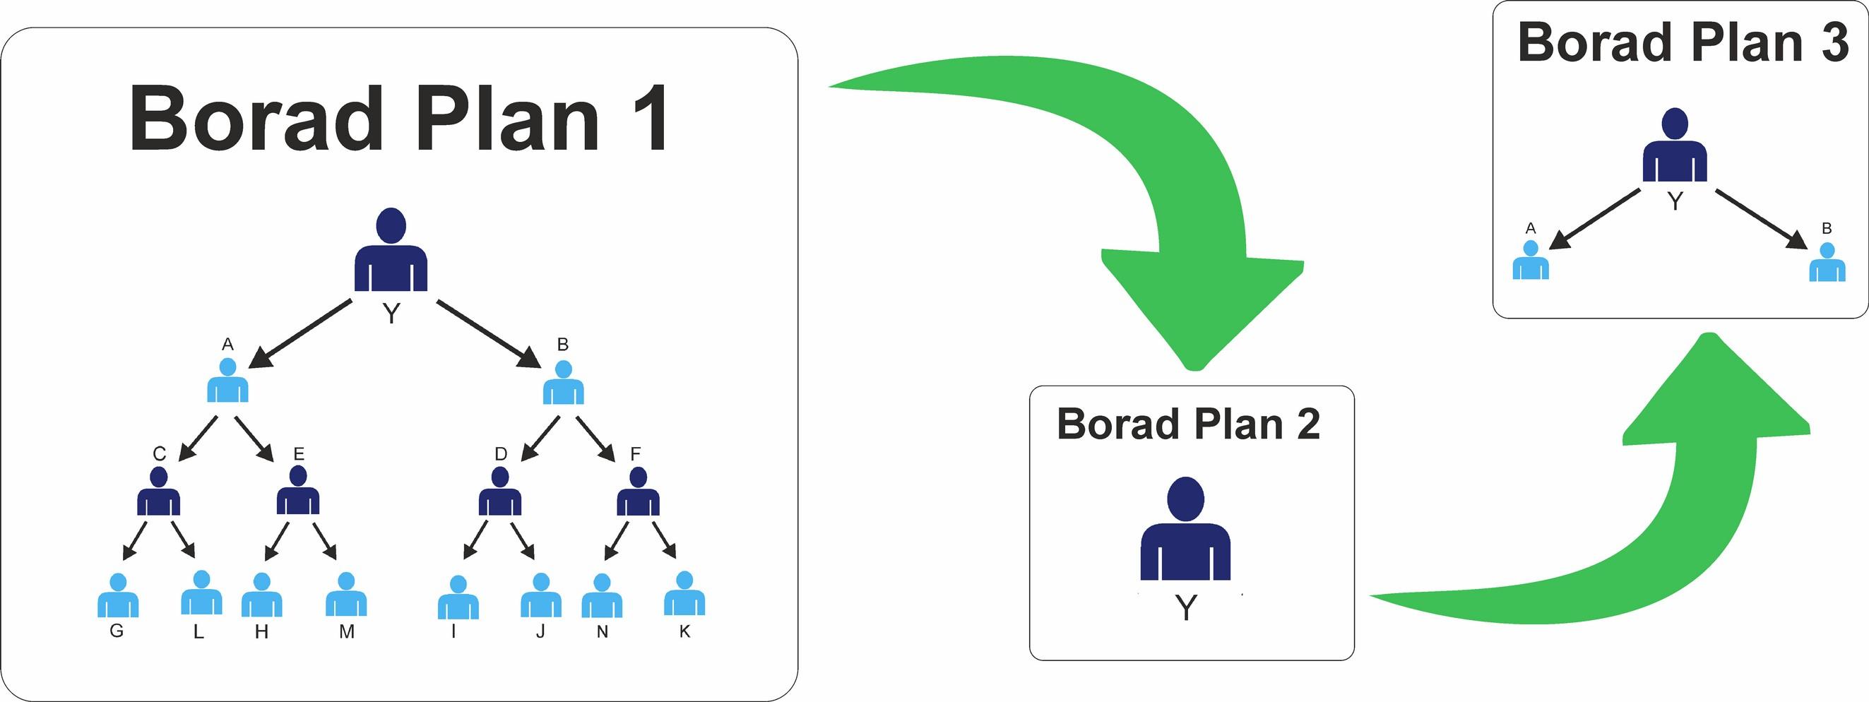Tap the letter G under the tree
[x=116, y=631]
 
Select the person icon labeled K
[x=684, y=595]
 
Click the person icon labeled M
[x=346, y=595]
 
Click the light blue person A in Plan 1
[x=228, y=381]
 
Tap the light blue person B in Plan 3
[x=1827, y=263]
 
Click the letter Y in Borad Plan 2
[x=1185, y=608]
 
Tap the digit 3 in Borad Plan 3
[x=1834, y=42]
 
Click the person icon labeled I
[x=458, y=598]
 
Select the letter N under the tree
[x=603, y=631]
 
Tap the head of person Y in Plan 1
[x=391, y=224]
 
